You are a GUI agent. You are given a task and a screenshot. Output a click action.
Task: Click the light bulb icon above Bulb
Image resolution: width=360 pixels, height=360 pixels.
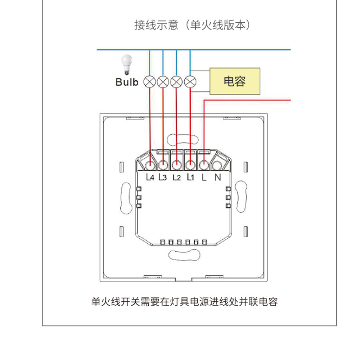(127, 64)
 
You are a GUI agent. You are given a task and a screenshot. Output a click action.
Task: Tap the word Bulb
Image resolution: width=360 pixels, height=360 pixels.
(127, 82)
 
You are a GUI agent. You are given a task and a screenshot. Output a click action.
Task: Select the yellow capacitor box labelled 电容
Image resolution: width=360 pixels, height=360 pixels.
(235, 81)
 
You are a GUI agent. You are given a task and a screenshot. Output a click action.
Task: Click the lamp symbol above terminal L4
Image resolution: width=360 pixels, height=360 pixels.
(150, 82)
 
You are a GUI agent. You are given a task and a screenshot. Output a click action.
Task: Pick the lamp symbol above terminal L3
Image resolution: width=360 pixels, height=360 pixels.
(163, 82)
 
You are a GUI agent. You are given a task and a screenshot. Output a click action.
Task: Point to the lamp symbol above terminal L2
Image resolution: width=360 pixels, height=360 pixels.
(176, 82)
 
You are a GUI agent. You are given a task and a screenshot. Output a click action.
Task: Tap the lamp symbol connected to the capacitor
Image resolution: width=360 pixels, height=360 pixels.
(190, 82)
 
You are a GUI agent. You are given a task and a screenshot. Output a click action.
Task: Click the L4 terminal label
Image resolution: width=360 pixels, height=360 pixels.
(150, 177)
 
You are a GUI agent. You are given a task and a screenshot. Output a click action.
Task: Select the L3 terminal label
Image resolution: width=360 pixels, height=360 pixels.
(163, 177)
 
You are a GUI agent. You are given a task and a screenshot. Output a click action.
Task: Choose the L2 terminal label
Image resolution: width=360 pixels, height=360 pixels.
(177, 177)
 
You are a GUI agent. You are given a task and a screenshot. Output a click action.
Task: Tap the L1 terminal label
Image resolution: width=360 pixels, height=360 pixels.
(190, 177)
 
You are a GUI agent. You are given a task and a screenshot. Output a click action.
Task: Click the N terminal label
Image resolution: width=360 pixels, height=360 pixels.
(218, 177)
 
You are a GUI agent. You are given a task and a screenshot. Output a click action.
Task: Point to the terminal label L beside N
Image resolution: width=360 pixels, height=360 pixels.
(204, 177)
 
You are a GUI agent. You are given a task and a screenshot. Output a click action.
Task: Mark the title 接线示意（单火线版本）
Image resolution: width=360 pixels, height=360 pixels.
(192, 25)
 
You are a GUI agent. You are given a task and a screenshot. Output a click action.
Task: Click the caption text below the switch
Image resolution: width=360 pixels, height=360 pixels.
(185, 302)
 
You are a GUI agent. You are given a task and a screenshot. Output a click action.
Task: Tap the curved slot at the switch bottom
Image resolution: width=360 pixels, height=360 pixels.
(184, 255)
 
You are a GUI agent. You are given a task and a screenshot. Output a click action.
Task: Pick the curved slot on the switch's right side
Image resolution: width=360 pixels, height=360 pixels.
(241, 197)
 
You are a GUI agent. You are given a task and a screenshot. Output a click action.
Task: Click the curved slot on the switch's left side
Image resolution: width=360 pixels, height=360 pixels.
(126, 198)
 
